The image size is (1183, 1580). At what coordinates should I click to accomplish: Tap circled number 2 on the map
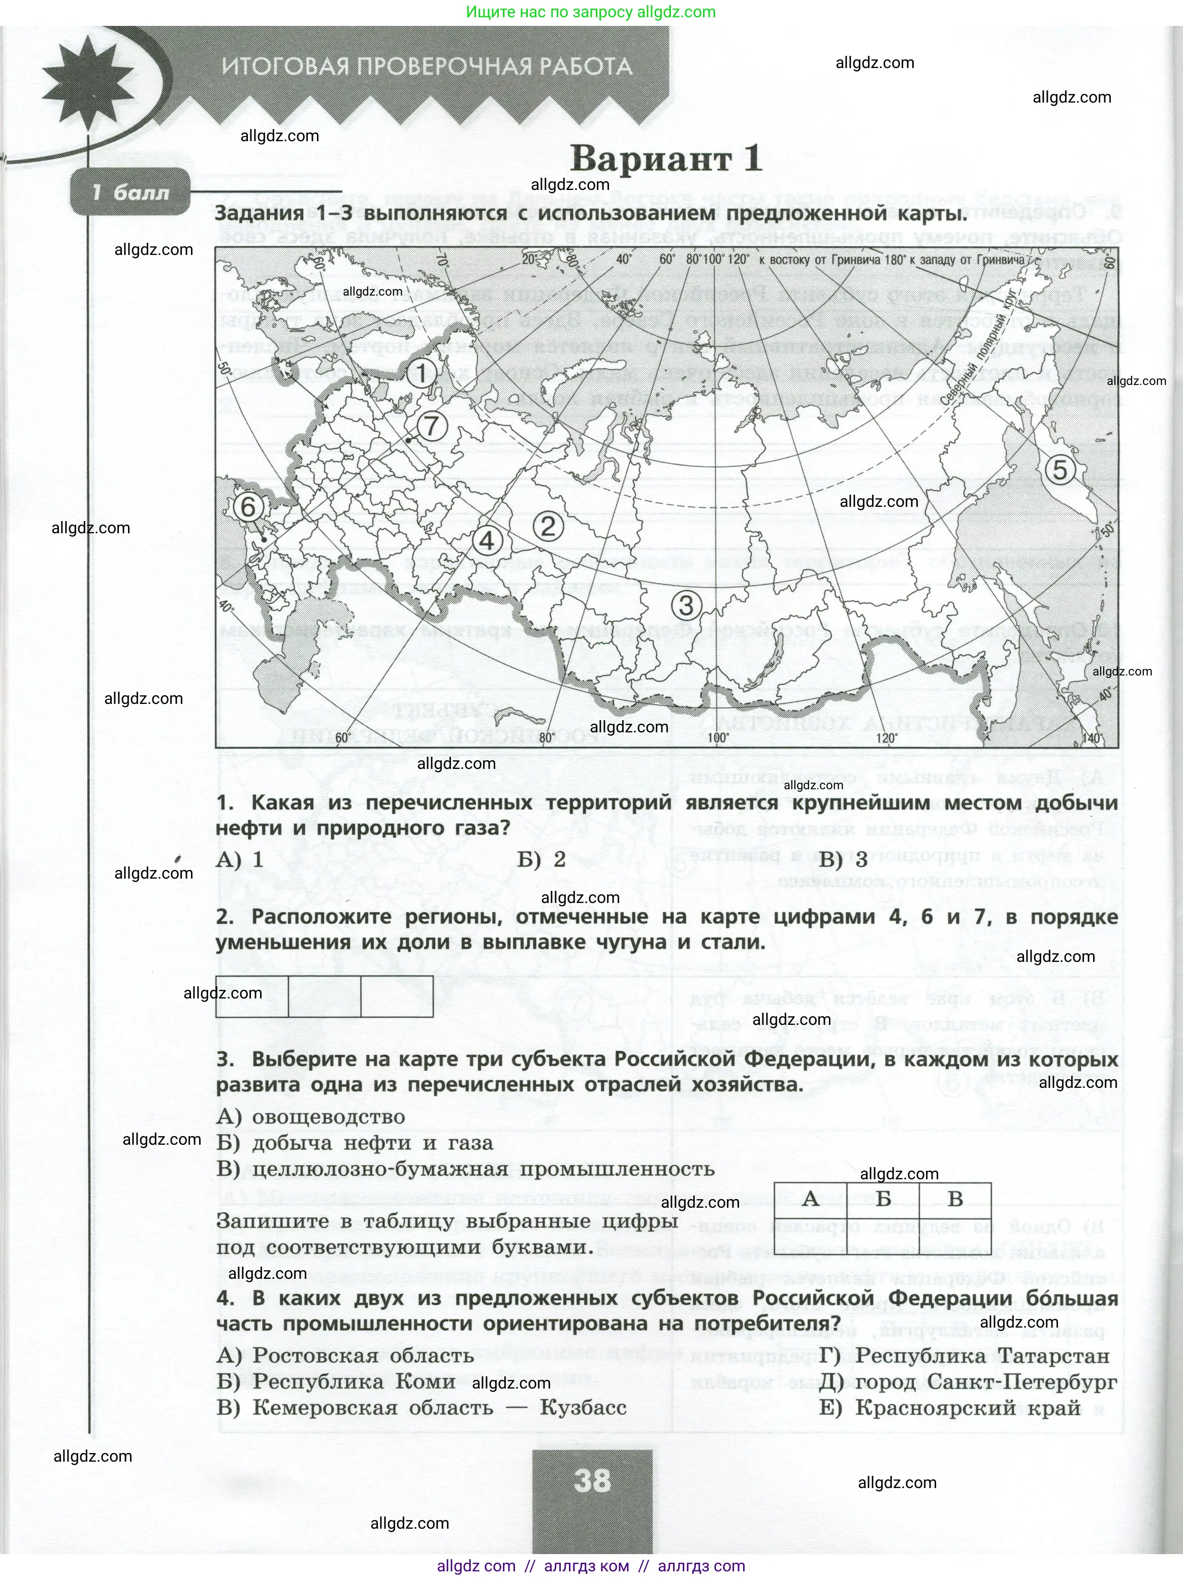[548, 527]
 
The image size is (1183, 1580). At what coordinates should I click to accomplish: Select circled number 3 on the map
[686, 606]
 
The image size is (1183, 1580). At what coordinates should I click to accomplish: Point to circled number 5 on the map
[1060, 470]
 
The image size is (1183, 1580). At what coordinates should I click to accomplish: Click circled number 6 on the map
[248, 507]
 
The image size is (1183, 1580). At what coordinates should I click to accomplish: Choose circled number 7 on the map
[431, 427]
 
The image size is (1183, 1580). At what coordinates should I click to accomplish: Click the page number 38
[592, 1460]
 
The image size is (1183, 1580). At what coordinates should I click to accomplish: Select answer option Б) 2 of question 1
[542, 859]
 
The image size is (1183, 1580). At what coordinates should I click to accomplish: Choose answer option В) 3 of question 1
[843, 859]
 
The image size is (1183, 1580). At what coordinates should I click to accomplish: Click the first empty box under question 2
[252, 996]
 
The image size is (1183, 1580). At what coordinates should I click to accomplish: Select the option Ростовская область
[363, 1356]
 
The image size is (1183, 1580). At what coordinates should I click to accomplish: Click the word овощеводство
[329, 1116]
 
